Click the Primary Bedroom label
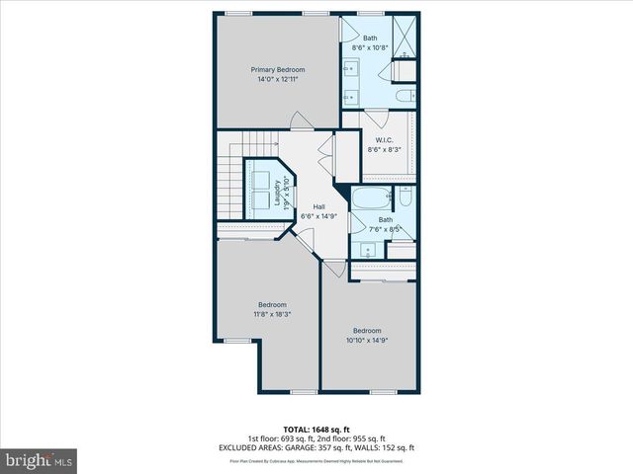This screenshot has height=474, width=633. [x=277, y=69]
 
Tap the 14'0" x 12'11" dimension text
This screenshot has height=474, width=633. [x=277, y=79]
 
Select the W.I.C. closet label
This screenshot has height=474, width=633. [x=381, y=139]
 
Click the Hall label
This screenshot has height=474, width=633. [x=319, y=206]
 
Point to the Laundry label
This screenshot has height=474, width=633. [x=263, y=194]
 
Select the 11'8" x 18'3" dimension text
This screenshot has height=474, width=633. [x=272, y=314]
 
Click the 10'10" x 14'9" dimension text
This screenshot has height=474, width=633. [x=367, y=341]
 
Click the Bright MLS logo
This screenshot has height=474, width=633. [x=40, y=459]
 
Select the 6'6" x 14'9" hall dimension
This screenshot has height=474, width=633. [x=319, y=216]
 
